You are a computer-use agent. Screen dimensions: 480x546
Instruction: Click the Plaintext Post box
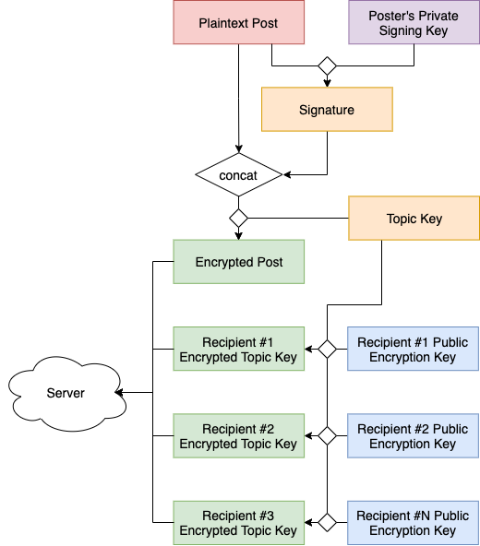[239, 22]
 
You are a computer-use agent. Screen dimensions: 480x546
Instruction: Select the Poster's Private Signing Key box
[414, 22]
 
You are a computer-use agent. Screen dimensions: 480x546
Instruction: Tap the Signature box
[327, 110]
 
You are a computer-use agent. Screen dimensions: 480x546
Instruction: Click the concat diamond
[239, 175]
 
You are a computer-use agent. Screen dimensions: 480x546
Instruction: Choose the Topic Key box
[414, 219]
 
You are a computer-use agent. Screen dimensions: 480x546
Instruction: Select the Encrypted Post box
[239, 262]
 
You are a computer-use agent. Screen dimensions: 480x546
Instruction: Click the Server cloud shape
[67, 394]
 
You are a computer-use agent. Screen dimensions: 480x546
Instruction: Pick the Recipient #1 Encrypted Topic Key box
[239, 349]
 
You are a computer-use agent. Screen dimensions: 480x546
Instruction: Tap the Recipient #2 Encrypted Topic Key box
[239, 436]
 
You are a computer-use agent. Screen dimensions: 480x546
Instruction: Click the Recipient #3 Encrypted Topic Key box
[239, 523]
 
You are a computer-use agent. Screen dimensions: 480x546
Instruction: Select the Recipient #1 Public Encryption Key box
[413, 349]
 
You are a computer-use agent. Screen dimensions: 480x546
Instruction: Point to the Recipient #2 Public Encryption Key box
[413, 436]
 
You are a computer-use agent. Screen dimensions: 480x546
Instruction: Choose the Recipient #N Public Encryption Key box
[413, 523]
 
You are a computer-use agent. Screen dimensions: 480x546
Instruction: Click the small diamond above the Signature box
[327, 65]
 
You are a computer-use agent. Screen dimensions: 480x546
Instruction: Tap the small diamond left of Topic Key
[239, 219]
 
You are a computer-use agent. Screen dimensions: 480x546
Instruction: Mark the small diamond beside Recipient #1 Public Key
[327, 349]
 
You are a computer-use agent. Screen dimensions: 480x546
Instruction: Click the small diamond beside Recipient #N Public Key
[327, 522]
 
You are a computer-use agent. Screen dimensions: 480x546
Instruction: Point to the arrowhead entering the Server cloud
[119, 393]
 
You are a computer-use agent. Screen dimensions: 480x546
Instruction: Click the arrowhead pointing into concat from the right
[287, 175]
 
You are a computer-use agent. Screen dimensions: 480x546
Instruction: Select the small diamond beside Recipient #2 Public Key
[327, 435]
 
